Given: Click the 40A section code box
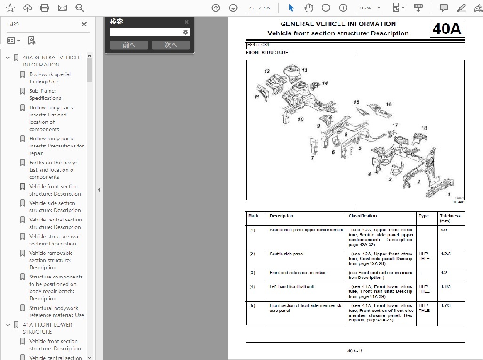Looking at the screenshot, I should (x=448, y=29).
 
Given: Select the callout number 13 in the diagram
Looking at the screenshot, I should (x=305, y=70).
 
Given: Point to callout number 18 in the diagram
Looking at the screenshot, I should (x=424, y=128).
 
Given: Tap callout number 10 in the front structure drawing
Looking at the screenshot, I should (x=300, y=119).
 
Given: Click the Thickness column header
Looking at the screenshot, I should (x=450, y=218).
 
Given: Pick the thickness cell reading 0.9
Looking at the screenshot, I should (x=444, y=230).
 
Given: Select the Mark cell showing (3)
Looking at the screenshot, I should (x=252, y=273).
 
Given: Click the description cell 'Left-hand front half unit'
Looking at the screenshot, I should (x=291, y=287).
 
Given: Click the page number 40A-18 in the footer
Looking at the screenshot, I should (x=355, y=351).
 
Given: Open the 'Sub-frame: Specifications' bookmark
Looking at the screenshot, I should (x=45, y=95).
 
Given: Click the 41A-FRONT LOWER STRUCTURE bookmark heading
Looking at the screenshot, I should (x=47, y=328).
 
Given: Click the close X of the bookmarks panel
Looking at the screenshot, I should (x=84, y=25).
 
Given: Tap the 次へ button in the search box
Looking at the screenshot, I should (x=170, y=45).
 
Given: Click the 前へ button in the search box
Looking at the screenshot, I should (x=129, y=45).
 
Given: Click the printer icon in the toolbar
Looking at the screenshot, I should (x=45, y=8).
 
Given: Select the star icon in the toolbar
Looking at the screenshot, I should (x=10, y=8).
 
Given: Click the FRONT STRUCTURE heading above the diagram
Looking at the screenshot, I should (x=266, y=53).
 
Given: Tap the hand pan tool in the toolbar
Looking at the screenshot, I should (x=308, y=8).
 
